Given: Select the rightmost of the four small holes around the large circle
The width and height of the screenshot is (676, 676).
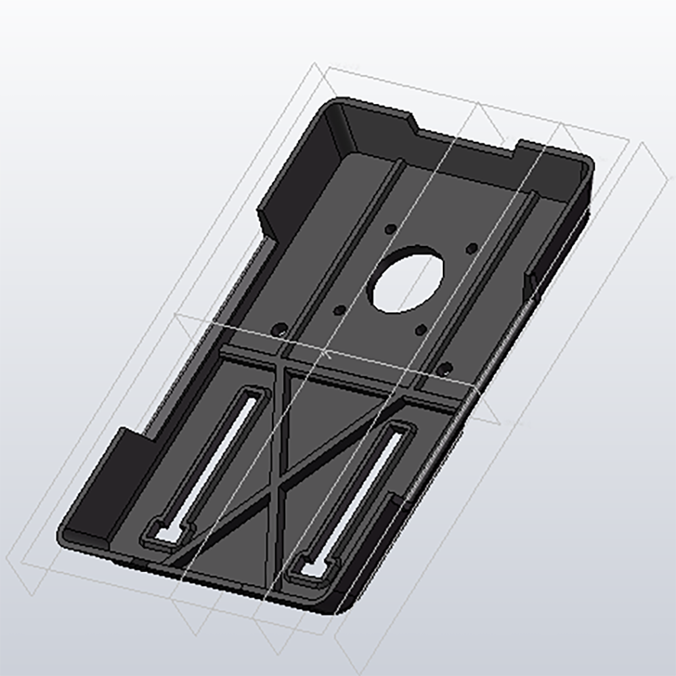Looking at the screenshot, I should coord(472,246).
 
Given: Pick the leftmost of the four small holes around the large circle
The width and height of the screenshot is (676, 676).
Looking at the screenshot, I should coord(340,310).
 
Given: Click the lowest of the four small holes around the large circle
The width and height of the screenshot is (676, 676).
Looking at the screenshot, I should coord(420,329).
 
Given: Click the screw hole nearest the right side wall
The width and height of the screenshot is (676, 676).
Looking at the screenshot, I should coord(444,368).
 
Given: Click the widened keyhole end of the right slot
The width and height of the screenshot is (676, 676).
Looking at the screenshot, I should coord(312,569).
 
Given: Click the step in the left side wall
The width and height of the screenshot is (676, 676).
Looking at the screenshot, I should coord(267,223).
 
